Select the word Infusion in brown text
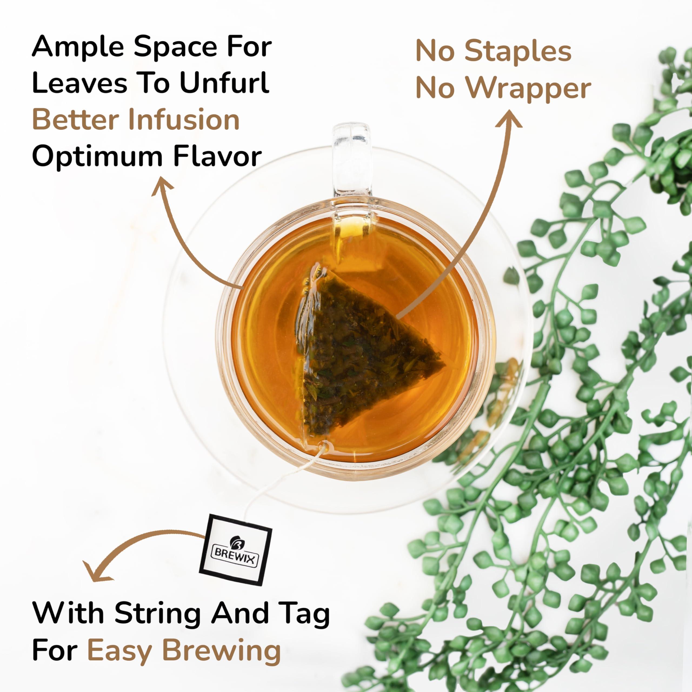tap(184, 120)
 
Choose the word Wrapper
tap(528, 88)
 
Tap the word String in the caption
tap(158, 613)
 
